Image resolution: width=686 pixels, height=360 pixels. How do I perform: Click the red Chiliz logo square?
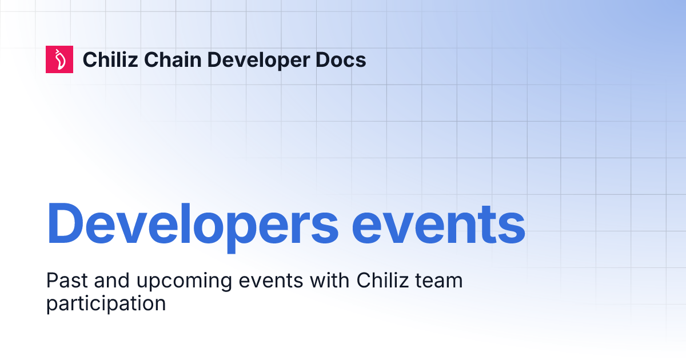[x=59, y=59]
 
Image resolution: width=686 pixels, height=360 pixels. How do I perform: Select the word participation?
[x=106, y=303]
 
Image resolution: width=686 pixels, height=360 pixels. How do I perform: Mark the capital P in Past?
[x=51, y=281]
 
